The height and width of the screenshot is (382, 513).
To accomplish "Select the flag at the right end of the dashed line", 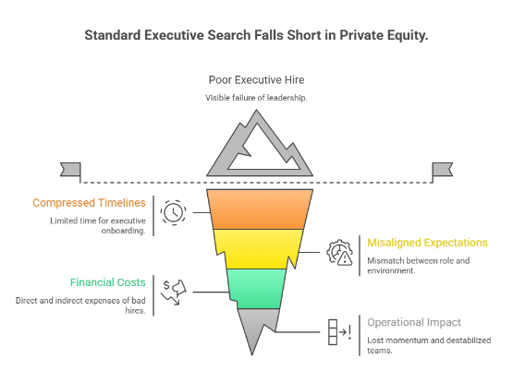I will click(x=442, y=169).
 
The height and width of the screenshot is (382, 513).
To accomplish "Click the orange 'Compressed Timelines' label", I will click(x=89, y=203).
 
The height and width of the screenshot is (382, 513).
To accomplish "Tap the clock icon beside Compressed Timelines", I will click(x=173, y=211).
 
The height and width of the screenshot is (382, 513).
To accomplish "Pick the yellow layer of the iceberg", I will click(x=256, y=246).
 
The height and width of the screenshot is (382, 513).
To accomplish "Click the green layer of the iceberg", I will click(x=256, y=287).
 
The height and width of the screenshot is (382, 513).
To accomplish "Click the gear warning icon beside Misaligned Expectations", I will click(x=340, y=252).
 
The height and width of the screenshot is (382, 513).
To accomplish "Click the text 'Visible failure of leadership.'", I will click(x=256, y=99).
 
